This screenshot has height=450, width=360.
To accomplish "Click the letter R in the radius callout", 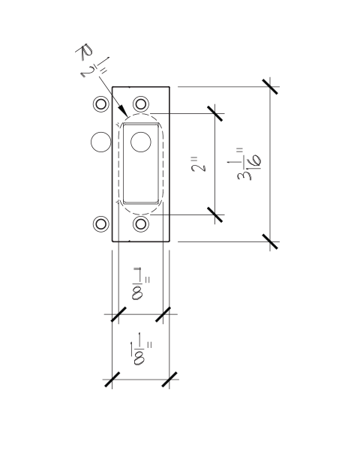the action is click(85, 52).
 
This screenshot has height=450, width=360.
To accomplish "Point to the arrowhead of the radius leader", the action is click(123, 110).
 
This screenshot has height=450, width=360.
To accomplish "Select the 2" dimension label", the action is click(199, 163).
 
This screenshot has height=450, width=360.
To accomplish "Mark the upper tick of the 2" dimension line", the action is click(214, 113).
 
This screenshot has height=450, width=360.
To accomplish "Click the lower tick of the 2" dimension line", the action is click(214, 214).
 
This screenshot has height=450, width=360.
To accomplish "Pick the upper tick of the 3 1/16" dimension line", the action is click(270, 86).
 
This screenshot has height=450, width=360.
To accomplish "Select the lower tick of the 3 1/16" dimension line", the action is click(270, 241).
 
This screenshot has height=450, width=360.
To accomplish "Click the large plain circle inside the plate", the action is click(141, 142).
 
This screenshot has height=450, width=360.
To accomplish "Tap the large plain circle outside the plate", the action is click(100, 142).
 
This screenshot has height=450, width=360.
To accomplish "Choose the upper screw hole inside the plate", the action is click(141, 104).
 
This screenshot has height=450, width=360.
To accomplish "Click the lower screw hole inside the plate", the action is click(141, 223).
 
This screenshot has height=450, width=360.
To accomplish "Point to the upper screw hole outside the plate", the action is click(100, 104).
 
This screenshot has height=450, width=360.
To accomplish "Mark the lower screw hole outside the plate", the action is click(100, 223).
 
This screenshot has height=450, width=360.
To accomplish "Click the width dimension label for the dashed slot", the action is click(141, 284).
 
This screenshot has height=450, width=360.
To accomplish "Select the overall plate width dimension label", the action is click(142, 349).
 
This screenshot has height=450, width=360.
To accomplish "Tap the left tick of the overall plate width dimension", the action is click(112, 379).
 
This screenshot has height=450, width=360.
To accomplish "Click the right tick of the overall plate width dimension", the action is click(169, 379).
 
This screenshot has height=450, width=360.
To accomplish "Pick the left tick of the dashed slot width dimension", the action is click(118, 314).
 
